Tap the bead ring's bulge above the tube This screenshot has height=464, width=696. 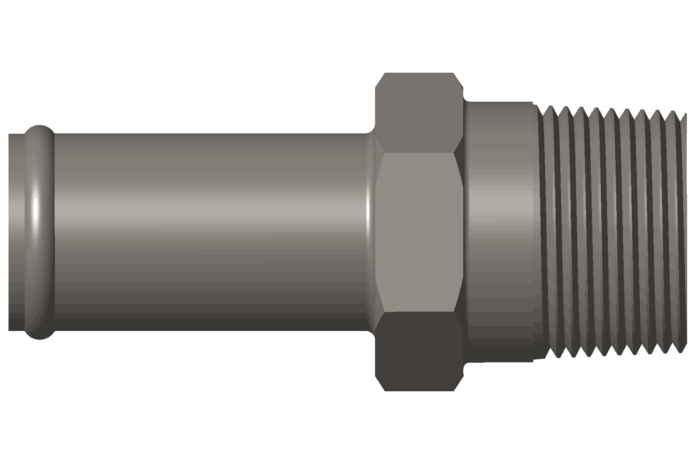pos(40,129)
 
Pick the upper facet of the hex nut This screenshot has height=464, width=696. pos(419,112)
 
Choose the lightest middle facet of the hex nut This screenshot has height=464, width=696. pos(419,232)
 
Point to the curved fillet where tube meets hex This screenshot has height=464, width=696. pos(370,232)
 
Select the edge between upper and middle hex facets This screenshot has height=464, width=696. pos(419,153)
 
